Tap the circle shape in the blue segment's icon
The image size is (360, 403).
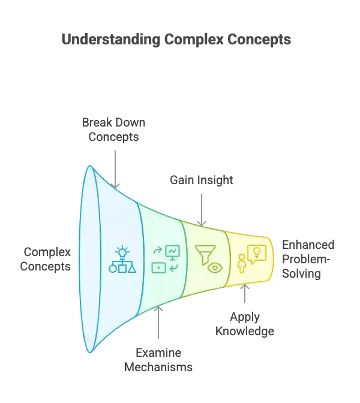coord(112,269)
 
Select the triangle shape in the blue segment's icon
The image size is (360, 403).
coord(132,268)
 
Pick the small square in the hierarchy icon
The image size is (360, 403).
coord(122,268)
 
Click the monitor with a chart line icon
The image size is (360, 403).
coord(173,251)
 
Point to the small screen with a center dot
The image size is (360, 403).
coord(158,267)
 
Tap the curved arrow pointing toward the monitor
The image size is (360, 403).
coord(158,251)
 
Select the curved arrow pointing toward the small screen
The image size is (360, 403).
coord(173,267)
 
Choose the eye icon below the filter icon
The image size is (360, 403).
coord(214,268)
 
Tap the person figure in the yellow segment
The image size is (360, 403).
coord(242,264)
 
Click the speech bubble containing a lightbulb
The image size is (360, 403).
coord(257,254)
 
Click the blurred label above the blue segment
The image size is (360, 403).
coord(116,130)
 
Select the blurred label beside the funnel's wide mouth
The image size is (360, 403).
coord(49,259)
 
